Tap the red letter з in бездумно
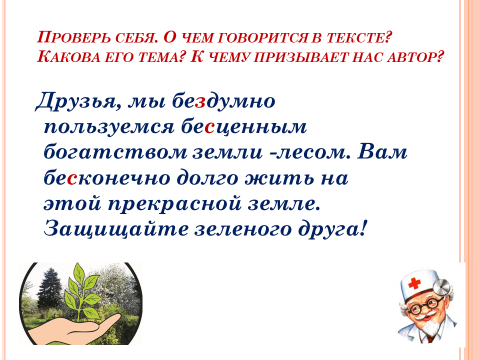click(x=199, y=102)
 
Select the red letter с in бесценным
click(x=209, y=127)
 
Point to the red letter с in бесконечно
click(x=72, y=179)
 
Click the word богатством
click(x=116, y=152)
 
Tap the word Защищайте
click(x=116, y=230)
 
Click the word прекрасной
click(x=175, y=205)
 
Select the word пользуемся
click(x=109, y=128)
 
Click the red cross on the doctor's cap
click(x=414, y=283)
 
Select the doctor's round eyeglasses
click(x=425, y=306)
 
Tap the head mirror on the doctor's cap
click(x=444, y=285)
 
